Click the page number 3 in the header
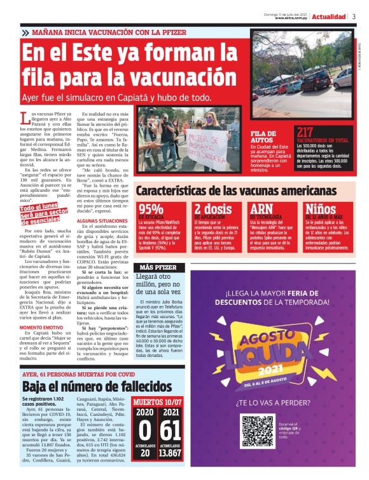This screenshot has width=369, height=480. coord(353,17)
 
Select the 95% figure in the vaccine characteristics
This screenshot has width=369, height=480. coord(151,209)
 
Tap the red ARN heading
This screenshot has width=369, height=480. coord(261,209)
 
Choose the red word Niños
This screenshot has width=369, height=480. coord(321,209)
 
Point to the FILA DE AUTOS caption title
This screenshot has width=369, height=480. coord(263,137)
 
